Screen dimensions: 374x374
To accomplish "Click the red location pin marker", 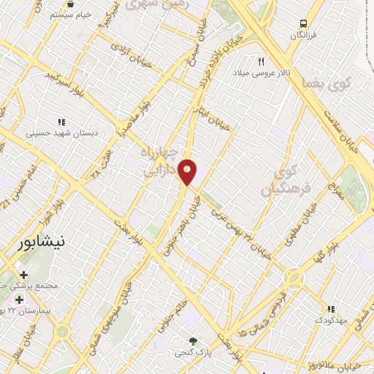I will (x=188, y=172).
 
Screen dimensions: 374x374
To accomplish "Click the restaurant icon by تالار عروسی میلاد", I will (x=261, y=61).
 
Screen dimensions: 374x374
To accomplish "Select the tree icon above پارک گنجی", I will (x=193, y=340).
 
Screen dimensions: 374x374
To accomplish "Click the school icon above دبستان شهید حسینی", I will (x=62, y=121).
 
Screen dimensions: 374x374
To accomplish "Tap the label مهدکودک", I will (x=332, y=320).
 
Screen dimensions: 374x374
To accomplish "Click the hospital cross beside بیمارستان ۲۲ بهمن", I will (x=18, y=299).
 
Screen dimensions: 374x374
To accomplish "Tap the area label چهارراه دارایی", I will (x=159, y=161).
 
